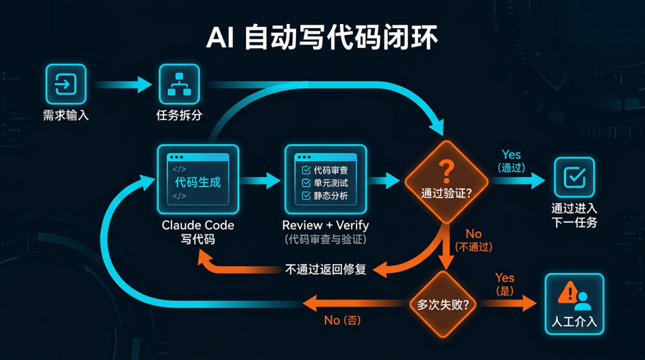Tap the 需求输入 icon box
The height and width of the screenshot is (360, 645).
click(66, 84)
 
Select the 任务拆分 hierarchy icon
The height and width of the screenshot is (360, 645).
click(179, 84)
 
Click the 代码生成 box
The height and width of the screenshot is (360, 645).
click(198, 179)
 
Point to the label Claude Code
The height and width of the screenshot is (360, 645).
click(198, 226)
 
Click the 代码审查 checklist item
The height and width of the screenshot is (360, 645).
click(325, 170)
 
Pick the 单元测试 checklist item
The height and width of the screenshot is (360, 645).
click(325, 183)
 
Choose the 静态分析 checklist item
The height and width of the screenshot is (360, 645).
click(325, 196)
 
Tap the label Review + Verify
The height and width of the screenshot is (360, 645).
click(325, 226)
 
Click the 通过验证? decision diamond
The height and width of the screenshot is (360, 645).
click(446, 181)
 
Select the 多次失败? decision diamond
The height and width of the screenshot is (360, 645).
click(443, 303)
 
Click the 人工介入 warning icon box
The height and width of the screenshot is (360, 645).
click(574, 303)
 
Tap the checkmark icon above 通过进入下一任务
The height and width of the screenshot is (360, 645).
click(574, 177)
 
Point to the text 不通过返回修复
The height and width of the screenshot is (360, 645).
click(325, 269)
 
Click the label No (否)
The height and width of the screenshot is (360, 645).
click(342, 321)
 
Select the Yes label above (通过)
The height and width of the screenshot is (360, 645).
click(511, 155)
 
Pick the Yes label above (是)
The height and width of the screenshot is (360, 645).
click(505, 278)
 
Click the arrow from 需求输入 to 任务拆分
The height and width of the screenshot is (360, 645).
click(122, 84)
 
